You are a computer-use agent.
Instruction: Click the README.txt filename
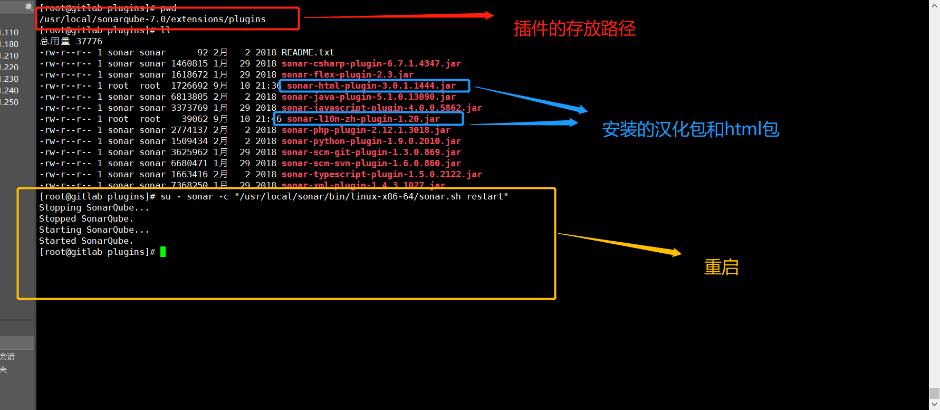coord(308,53)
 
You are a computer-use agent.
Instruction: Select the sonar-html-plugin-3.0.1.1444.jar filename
coord(371,86)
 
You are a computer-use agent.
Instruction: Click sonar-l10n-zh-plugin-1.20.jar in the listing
coord(363,119)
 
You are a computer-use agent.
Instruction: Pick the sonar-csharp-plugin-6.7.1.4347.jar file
coord(371,64)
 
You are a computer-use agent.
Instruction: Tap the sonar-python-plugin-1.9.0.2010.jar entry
coord(371,141)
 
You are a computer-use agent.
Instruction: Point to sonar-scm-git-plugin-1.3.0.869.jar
coord(371,152)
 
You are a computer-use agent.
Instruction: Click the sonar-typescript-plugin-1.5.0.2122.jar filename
coord(381,175)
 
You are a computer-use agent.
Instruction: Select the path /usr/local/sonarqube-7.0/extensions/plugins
coord(152,20)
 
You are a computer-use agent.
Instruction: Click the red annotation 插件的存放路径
coord(574,28)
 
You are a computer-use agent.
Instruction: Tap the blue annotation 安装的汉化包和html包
coord(690,129)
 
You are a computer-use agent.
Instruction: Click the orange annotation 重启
coord(721,268)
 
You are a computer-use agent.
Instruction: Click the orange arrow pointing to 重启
coord(620,244)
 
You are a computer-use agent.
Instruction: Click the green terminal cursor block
coord(163,252)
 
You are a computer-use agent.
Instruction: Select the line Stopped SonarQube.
coord(86,219)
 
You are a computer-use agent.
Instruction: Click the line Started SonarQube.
coord(86,241)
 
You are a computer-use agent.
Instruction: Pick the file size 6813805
coord(189,97)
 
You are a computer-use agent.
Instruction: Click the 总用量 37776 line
coord(71,42)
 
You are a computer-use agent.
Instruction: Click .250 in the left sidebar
coord(10,102)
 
